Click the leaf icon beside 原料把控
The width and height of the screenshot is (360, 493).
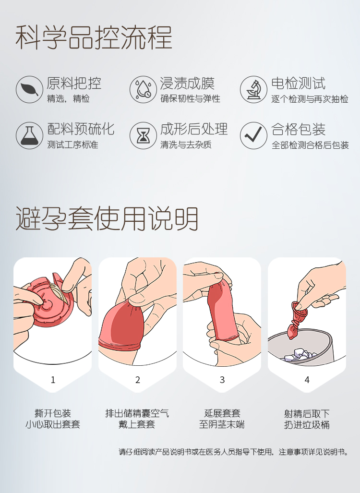point(30,89)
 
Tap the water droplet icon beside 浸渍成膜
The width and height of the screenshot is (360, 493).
point(143,89)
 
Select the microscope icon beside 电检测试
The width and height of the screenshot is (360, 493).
point(254,89)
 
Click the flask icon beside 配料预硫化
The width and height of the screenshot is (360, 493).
point(30,135)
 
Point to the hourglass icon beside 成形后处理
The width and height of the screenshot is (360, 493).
point(143,135)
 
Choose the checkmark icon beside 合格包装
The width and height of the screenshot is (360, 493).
point(254,135)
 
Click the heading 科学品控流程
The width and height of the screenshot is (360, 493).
point(94,37)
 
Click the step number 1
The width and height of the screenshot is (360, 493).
point(53,380)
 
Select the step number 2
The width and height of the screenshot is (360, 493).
point(137,380)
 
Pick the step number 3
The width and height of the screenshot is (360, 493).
point(222,380)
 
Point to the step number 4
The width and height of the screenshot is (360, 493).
point(307,380)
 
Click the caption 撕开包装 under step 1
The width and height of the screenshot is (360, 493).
point(53,413)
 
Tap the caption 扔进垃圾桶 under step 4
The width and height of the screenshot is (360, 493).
point(307,425)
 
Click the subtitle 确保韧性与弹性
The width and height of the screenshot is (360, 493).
point(190,99)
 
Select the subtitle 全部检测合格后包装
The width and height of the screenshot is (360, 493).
point(311,145)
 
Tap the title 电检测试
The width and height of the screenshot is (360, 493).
point(299,84)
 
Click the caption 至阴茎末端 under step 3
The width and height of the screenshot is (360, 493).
point(222,424)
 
